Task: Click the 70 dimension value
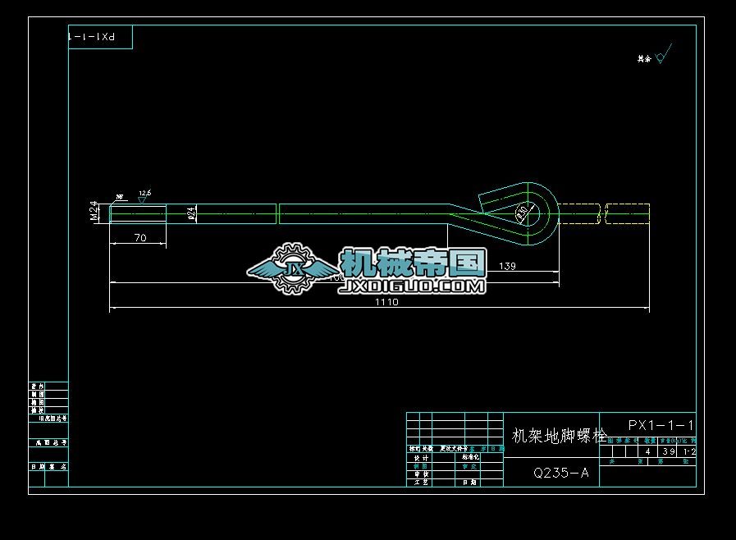click(x=139, y=237)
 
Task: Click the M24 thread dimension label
click(x=94, y=213)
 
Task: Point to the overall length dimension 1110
click(x=386, y=302)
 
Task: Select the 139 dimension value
click(x=507, y=266)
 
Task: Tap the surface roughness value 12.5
click(x=144, y=193)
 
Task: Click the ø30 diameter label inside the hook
click(x=522, y=212)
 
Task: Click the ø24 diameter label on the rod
click(x=192, y=213)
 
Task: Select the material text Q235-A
click(x=560, y=473)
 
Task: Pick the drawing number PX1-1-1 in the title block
click(x=661, y=425)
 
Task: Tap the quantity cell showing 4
click(x=647, y=451)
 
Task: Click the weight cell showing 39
click(x=668, y=451)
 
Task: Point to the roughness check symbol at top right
click(x=663, y=54)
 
